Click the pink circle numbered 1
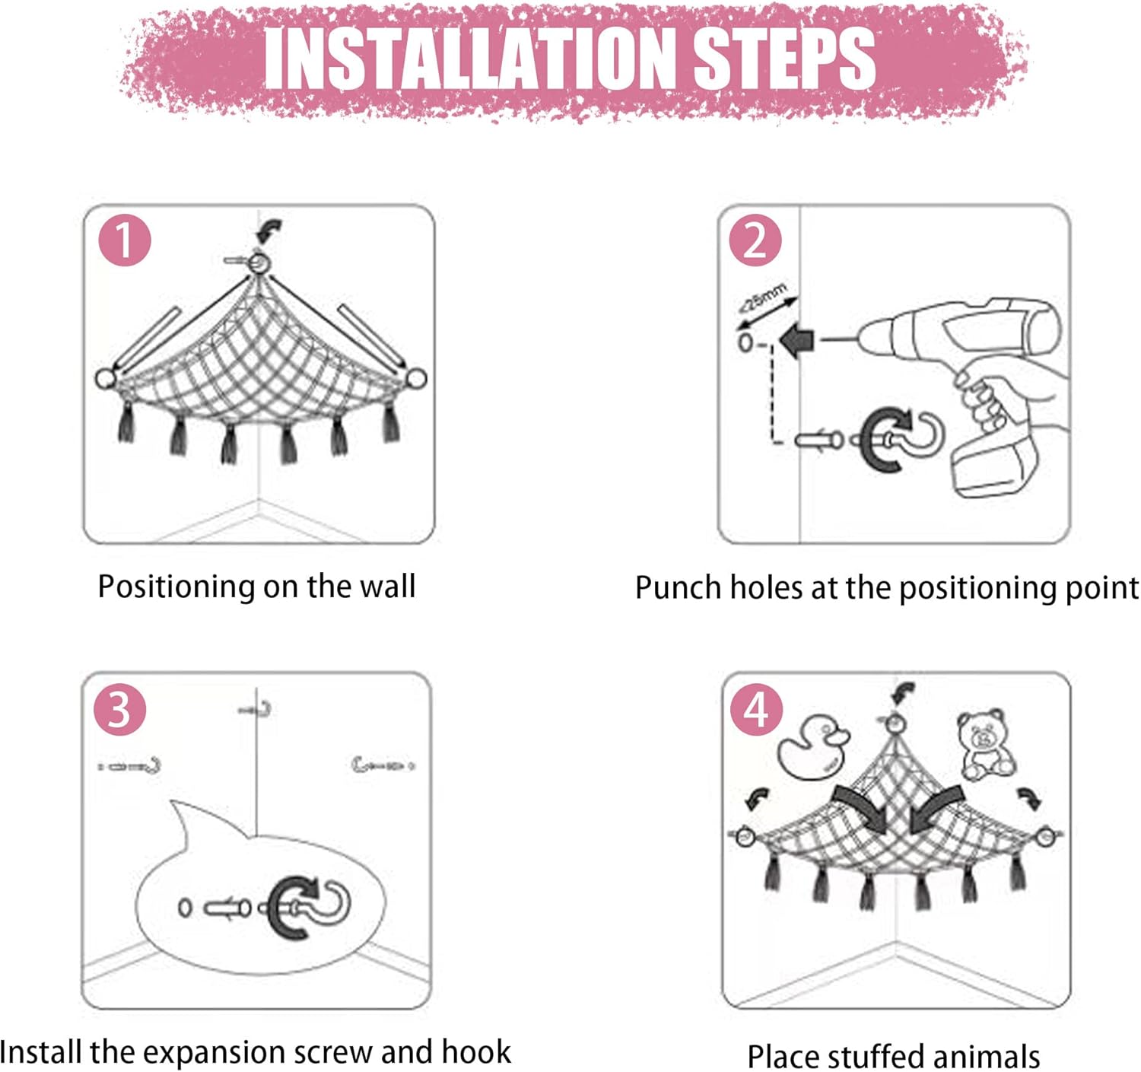tap(125, 240)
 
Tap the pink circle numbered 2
tap(755, 240)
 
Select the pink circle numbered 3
tap(119, 711)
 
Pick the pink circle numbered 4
tap(756, 711)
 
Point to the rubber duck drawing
tap(812, 746)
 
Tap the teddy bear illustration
tap(985, 745)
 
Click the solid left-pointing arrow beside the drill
tap(797, 341)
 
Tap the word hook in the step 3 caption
tap(475, 1052)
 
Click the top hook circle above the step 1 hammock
tap(259, 263)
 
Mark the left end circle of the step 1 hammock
tap(106, 379)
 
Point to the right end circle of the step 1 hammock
tap(416, 378)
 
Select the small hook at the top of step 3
tap(256, 709)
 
